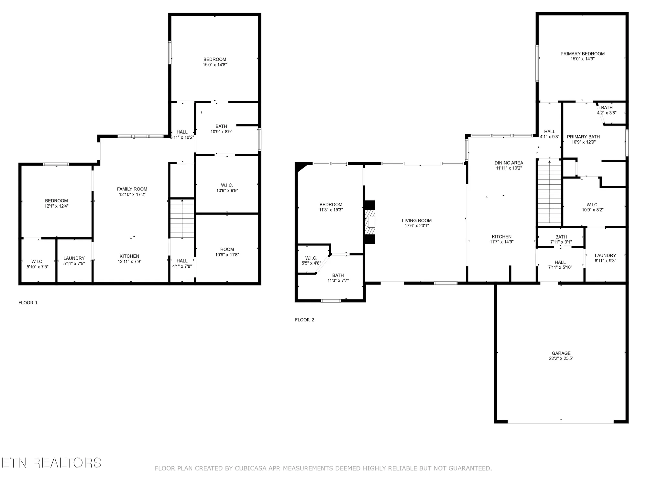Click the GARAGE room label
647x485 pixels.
(561, 353)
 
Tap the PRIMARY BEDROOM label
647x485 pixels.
(582, 54)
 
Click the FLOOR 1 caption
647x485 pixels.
(28, 303)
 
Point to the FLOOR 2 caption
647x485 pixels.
(304, 320)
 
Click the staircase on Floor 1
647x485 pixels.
(182, 219)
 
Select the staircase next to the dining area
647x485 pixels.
(549, 193)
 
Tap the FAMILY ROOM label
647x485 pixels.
(132, 189)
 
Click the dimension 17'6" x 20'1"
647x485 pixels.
(417, 226)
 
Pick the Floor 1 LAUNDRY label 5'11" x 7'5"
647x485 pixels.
(74, 258)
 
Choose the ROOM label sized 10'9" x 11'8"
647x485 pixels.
(227, 249)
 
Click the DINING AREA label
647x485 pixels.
(509, 163)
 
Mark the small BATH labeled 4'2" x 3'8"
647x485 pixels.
(607, 108)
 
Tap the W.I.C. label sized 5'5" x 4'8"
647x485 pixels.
(311, 258)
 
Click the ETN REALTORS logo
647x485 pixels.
(51, 463)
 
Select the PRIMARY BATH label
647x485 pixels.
(583, 137)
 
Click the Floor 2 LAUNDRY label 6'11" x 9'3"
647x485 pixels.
(605, 255)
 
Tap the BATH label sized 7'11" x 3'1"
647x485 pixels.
(561, 237)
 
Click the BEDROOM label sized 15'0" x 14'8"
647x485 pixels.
(214, 59)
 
